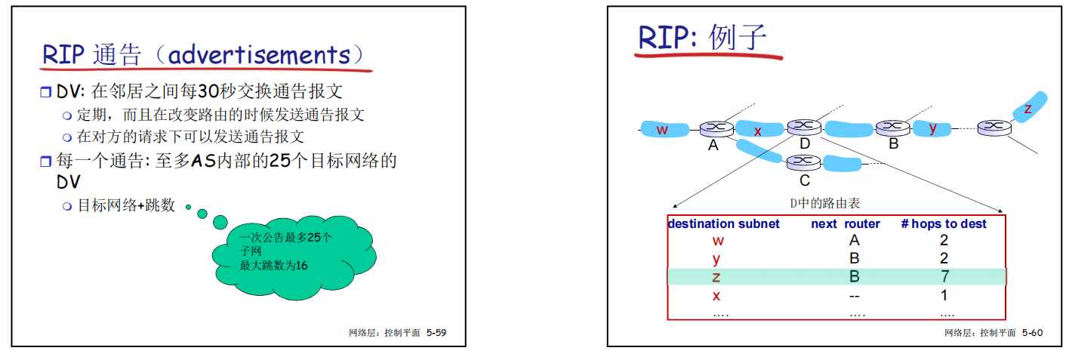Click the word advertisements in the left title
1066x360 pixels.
(259, 54)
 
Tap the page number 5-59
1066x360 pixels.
(436, 332)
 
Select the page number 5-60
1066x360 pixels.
(1032, 332)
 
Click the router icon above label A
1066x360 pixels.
(713, 129)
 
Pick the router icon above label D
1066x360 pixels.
(803, 127)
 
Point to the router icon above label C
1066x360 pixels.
(803, 161)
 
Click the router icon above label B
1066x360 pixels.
(893, 127)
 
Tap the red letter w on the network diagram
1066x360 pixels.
(662, 129)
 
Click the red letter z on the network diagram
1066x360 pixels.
(1027, 109)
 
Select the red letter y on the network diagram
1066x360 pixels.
(933, 127)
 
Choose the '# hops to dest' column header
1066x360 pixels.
(944, 223)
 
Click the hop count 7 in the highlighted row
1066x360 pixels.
(944, 276)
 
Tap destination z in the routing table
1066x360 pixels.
(716, 277)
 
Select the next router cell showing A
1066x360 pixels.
(855, 241)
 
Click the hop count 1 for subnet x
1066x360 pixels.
(944, 295)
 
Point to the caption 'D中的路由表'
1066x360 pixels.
(824, 203)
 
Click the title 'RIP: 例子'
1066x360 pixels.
(702, 38)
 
